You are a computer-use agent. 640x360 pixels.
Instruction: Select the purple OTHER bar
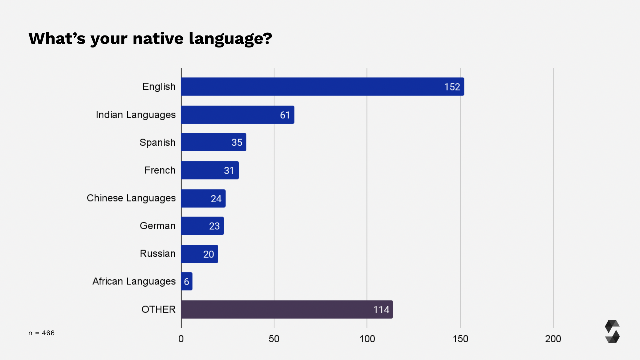(286, 309)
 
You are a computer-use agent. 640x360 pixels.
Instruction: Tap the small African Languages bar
(187, 281)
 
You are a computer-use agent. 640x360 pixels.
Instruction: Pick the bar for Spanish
(213, 142)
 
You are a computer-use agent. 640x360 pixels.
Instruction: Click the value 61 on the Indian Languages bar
(285, 115)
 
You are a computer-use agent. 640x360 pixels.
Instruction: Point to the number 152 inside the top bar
(452, 87)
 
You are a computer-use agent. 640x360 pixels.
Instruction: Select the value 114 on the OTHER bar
(381, 310)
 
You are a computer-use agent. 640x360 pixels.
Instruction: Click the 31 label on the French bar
(229, 170)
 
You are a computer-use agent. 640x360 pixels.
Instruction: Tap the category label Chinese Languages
(131, 198)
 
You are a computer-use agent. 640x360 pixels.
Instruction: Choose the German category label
(157, 226)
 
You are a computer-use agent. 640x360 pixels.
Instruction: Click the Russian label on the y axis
(157, 253)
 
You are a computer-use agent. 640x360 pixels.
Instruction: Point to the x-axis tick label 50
(274, 339)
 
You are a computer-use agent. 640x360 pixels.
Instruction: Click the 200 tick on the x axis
(553, 339)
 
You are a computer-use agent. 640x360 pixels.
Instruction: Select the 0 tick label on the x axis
(181, 339)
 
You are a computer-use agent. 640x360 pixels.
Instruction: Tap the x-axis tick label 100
(367, 339)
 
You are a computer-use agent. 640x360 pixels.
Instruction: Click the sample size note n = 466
(41, 333)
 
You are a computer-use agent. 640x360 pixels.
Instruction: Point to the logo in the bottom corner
(612, 331)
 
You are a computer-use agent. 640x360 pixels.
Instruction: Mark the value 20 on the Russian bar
(208, 254)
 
